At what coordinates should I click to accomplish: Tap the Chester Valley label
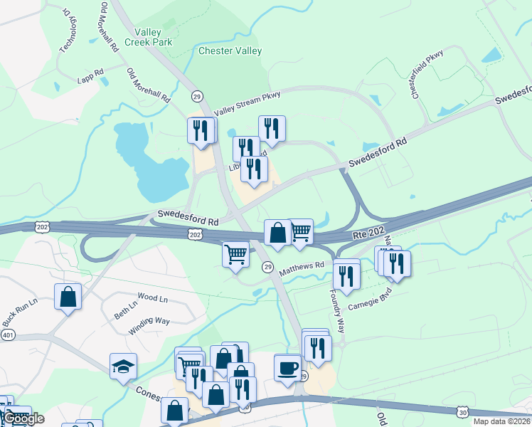(230, 51)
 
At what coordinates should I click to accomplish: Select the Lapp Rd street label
(90, 73)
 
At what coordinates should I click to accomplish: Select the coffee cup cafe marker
(288, 368)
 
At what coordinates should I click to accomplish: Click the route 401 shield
(7, 334)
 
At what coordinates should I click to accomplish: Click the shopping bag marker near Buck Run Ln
(68, 297)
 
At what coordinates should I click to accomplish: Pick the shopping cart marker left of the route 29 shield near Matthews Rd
(235, 254)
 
